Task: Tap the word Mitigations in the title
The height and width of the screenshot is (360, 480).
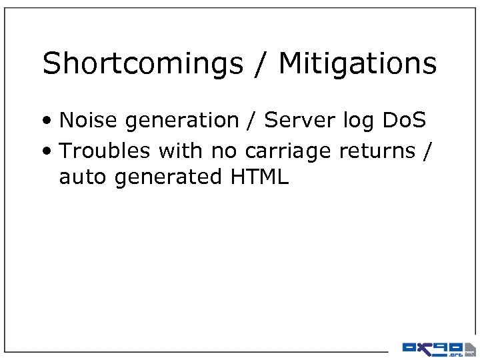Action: [357, 65]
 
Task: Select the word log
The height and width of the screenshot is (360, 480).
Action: [361, 121]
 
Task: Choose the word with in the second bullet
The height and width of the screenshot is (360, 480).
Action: [181, 151]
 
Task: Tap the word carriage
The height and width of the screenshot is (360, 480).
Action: [289, 152]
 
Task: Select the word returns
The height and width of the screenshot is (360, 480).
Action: [377, 151]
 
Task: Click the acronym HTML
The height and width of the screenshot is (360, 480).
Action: [260, 177]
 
